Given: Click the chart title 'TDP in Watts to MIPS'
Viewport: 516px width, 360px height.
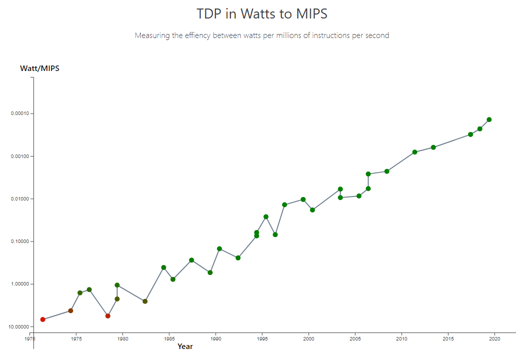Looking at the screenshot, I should click(262, 13).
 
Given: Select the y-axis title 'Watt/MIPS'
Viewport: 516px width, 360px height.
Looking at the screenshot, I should click(39, 68).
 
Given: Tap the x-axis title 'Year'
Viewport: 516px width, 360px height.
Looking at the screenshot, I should click(185, 346).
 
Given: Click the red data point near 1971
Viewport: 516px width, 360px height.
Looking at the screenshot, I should click(43, 319).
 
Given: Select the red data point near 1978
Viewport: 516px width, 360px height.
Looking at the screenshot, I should click(108, 316).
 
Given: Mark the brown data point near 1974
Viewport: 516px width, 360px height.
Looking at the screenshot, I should click(70, 311).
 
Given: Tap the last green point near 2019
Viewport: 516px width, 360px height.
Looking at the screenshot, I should click(489, 119).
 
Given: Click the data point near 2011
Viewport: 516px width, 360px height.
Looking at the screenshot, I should click(415, 152).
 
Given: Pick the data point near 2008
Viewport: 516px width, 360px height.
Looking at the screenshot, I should click(387, 171).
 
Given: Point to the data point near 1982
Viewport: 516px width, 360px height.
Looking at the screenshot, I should click(145, 301).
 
